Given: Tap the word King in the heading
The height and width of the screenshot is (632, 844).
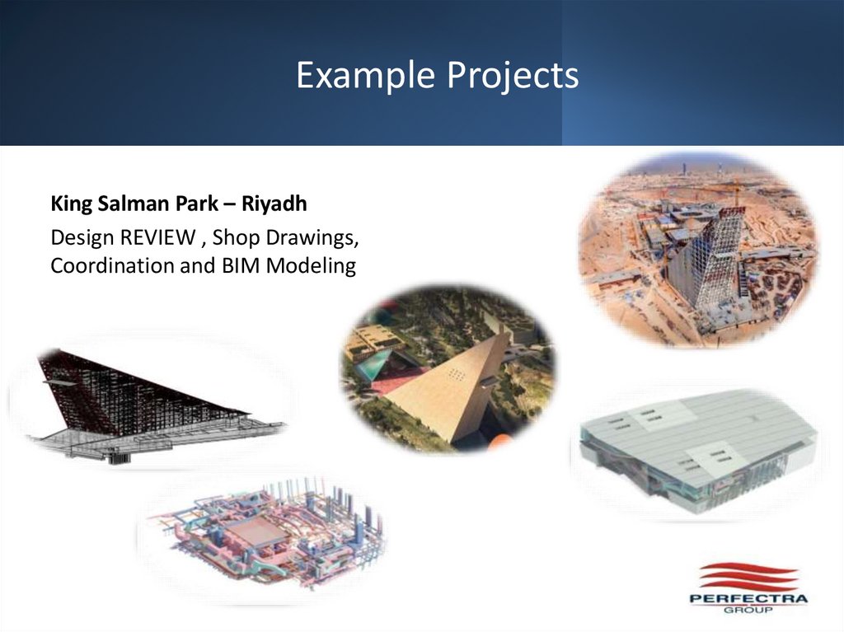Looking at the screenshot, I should pos(68,204).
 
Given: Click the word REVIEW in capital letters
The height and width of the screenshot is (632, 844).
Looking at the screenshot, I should pos(157,238).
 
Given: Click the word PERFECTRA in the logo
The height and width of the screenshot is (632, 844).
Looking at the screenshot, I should pos(748,599).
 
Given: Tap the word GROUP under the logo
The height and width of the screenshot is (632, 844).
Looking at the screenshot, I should pos(748,611).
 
